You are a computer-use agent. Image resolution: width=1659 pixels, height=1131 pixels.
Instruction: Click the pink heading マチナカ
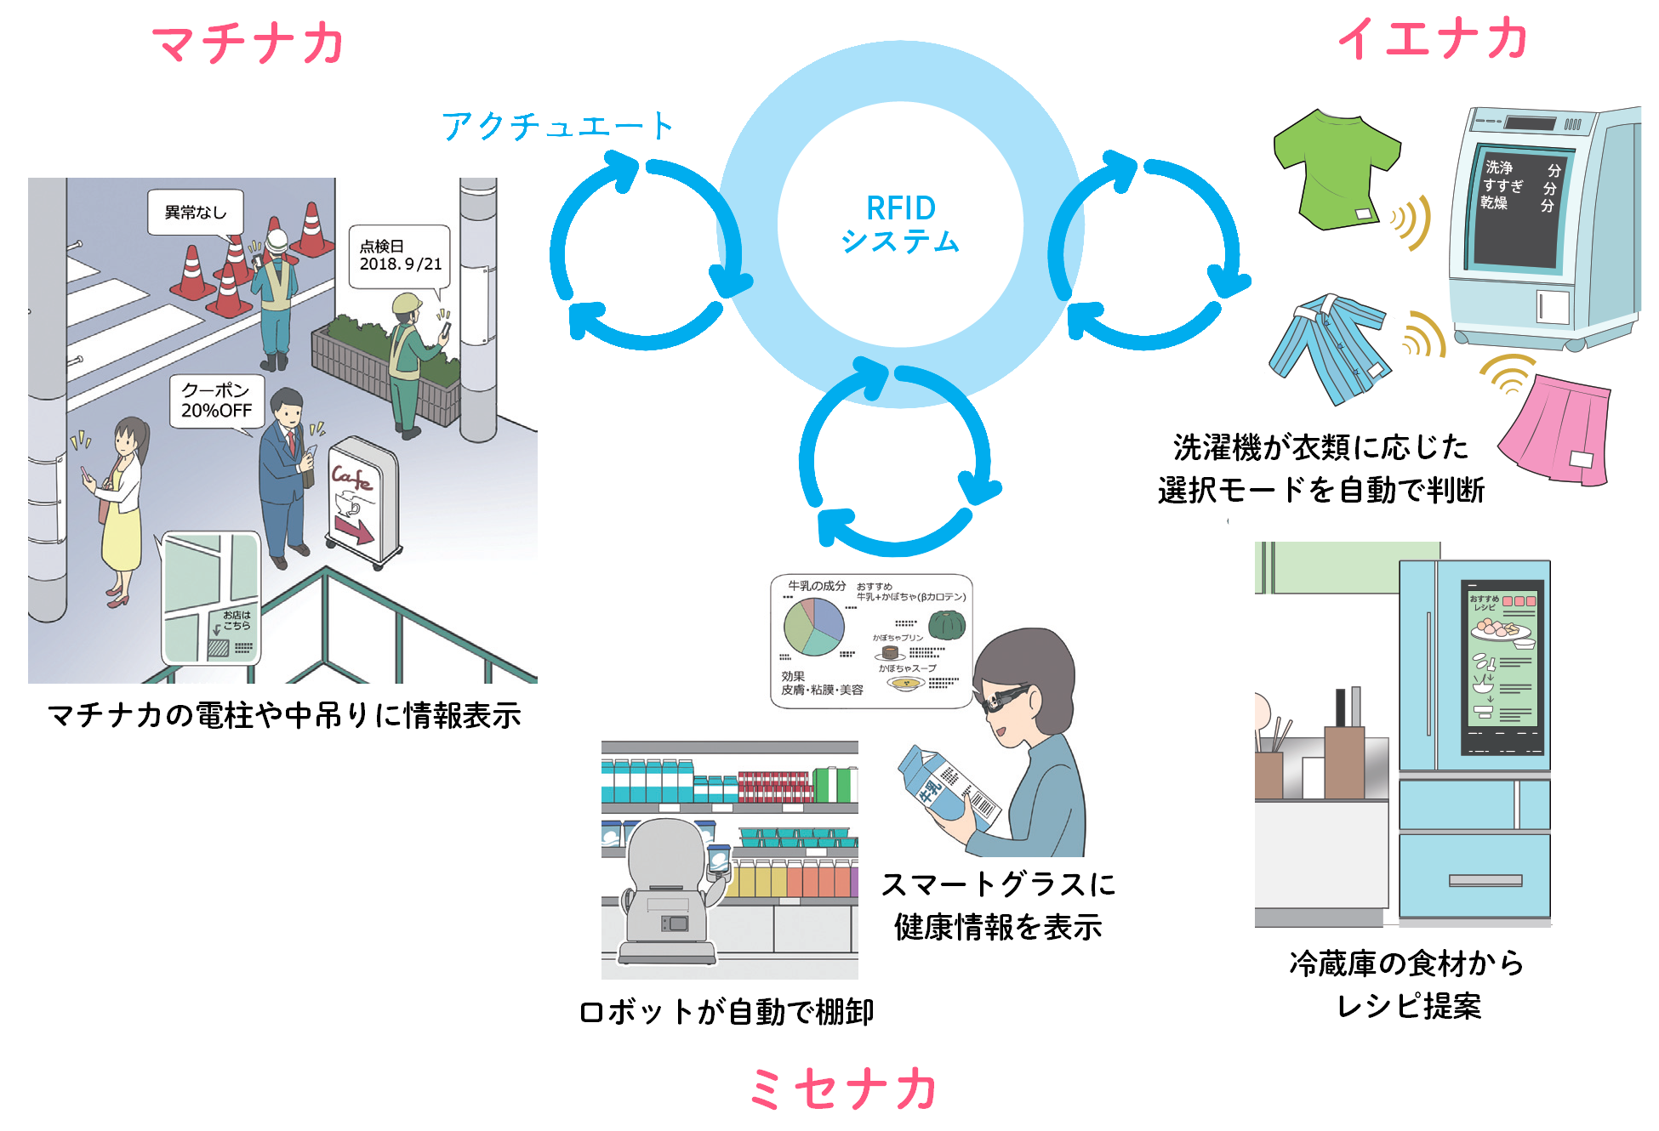click(x=248, y=44)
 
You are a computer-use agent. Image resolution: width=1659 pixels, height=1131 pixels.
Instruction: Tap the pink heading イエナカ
click(x=1434, y=39)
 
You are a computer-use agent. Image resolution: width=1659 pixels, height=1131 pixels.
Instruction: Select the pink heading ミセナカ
click(x=843, y=1089)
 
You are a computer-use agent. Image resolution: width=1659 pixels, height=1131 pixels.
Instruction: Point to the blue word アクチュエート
click(x=557, y=127)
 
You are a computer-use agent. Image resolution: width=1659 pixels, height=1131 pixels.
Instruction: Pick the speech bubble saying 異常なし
click(x=196, y=212)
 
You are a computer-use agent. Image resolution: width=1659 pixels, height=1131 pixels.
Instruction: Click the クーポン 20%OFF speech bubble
click(x=216, y=401)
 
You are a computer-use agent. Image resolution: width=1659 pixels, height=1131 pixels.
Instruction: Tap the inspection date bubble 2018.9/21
click(x=400, y=256)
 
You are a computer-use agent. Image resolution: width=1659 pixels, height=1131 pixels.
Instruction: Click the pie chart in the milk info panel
click(x=813, y=627)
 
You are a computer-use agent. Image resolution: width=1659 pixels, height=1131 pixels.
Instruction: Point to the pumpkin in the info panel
click(x=946, y=625)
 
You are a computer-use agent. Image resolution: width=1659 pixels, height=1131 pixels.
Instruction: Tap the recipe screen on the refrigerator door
click(x=1502, y=668)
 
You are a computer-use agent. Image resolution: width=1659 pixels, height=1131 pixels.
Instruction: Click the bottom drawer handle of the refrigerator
click(x=1485, y=880)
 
